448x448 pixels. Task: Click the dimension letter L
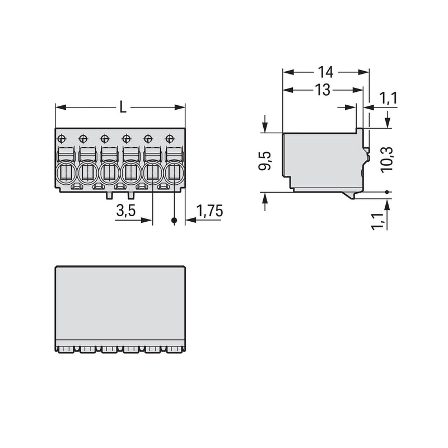[123, 107]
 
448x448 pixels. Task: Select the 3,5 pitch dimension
[126, 211]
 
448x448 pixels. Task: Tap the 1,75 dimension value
[209, 211]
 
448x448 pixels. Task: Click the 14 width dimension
[325, 72]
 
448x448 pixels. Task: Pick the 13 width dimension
[323, 90]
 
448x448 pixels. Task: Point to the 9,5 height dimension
[265, 161]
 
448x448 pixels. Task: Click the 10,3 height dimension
[387, 160]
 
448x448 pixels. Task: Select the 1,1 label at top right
[389, 99]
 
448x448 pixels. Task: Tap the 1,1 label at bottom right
[377, 221]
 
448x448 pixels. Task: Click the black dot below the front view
[174, 221]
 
